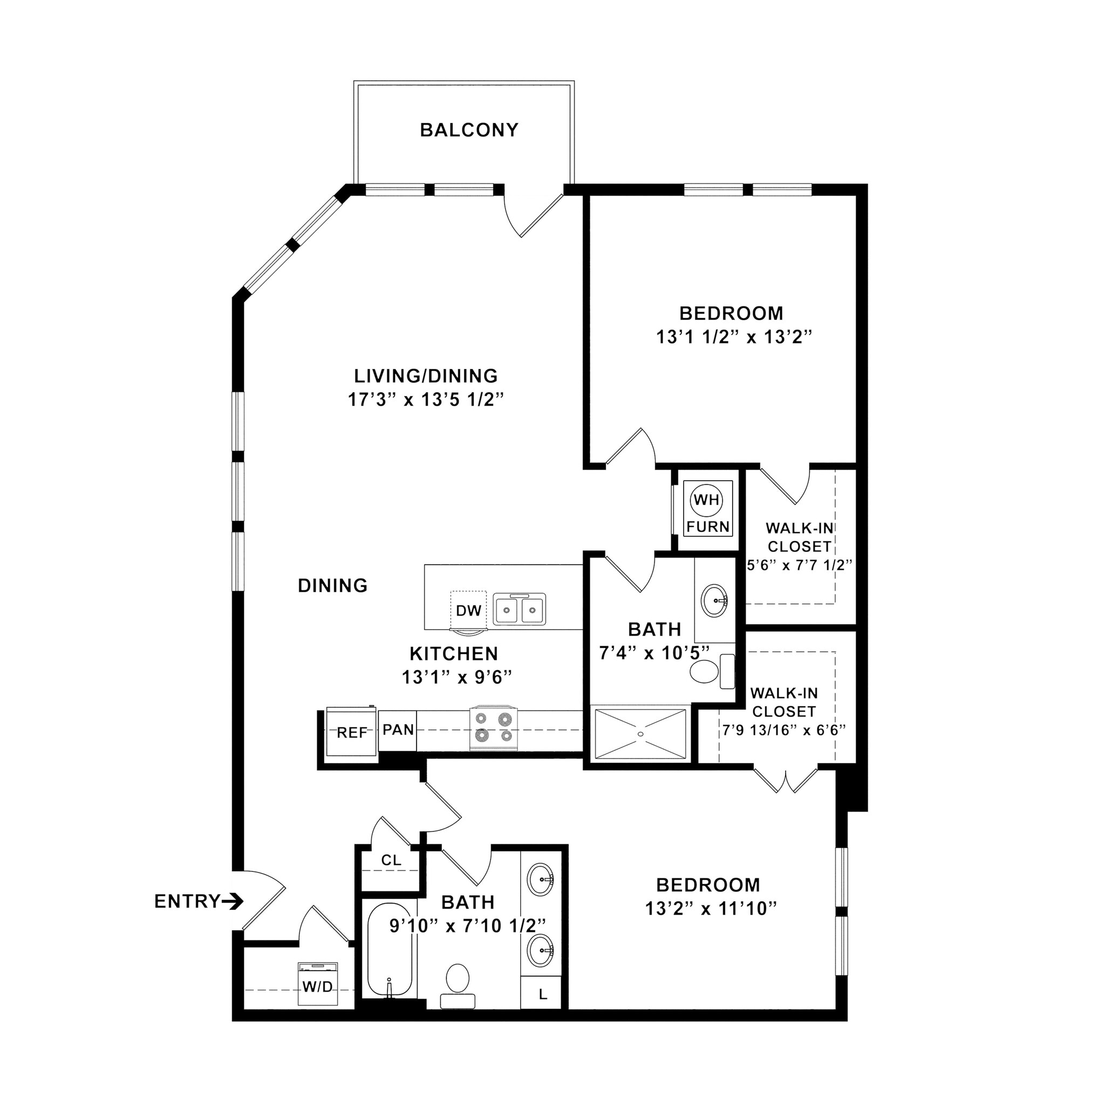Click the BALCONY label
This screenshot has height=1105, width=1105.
click(x=469, y=131)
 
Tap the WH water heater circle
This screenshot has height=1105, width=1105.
click(x=706, y=499)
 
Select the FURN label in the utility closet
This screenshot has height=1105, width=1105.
click(x=707, y=526)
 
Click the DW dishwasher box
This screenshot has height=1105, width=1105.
click(x=468, y=610)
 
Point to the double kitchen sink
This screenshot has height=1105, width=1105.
click(x=520, y=610)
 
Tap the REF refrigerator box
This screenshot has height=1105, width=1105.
click(x=351, y=733)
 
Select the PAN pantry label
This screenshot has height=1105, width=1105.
click(x=398, y=730)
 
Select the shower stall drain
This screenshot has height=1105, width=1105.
click(x=640, y=734)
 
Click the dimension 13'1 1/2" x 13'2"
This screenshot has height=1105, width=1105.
click(x=734, y=337)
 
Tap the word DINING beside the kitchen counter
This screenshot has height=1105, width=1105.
click(x=332, y=585)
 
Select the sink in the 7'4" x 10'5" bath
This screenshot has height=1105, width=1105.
click(x=714, y=600)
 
